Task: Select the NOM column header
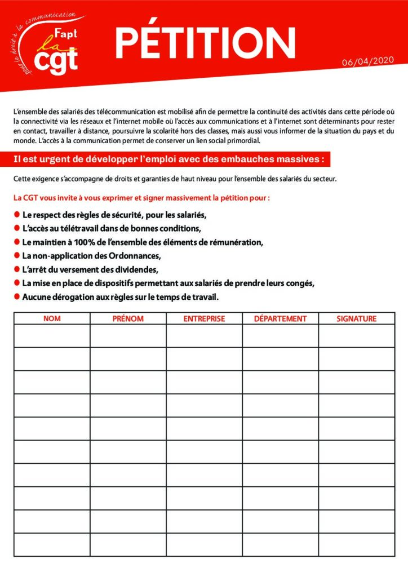coord(52,318)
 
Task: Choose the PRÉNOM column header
coord(128,318)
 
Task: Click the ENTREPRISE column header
coord(204,318)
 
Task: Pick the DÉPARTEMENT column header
coord(280,318)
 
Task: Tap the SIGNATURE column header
coord(356,318)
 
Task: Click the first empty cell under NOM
coord(52,336)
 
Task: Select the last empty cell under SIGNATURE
coord(356,544)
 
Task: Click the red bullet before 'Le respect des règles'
coord(16,215)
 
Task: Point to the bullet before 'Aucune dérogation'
coord(16,296)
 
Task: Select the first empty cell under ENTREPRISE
coord(204,336)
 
